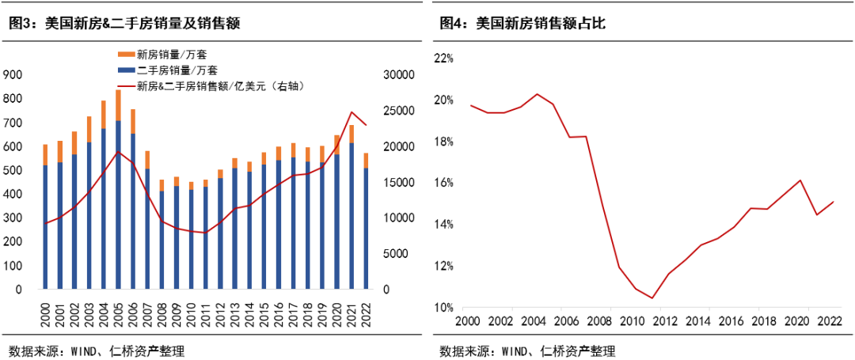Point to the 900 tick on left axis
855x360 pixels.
12,74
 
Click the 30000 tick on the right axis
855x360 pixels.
398,74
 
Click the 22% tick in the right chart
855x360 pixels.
443,59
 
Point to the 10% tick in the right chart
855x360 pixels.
443,308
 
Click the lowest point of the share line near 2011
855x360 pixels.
652,298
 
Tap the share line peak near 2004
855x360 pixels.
559,94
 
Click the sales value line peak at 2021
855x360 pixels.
351,112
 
